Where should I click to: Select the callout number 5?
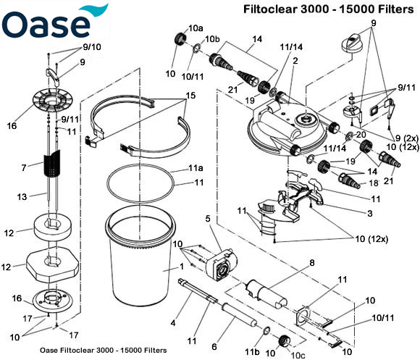(x=208, y=219)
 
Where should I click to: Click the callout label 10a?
(x=196, y=28)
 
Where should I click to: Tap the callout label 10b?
(x=212, y=38)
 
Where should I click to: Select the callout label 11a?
(x=195, y=168)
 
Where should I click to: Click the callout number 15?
(x=190, y=96)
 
